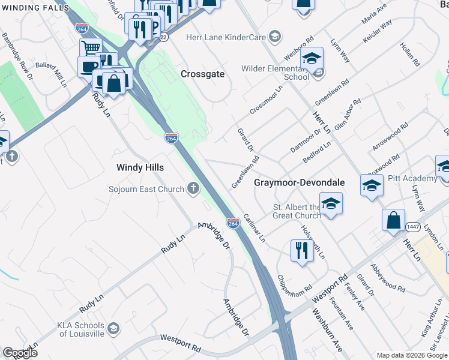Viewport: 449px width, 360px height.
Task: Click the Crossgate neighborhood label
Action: coord(202,74)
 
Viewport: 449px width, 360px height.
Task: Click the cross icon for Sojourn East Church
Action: coord(193,189)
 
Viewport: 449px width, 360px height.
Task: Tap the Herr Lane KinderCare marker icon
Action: coord(274,37)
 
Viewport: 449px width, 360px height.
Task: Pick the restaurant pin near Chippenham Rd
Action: coord(302,250)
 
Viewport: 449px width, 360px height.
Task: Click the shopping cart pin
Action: coord(91,48)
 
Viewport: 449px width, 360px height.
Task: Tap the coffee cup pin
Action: coord(88,66)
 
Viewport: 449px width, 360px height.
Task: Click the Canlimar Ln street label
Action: coord(254,226)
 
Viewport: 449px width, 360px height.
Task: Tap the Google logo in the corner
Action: coord(19,353)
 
